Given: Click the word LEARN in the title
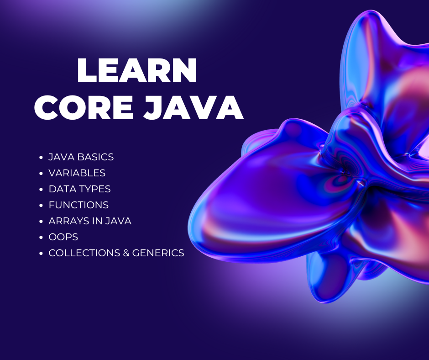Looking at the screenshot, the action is click(x=137, y=70).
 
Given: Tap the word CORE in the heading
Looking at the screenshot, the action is click(x=84, y=107).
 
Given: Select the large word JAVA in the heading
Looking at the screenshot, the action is click(x=194, y=107).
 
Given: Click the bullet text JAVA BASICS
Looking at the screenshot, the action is click(x=81, y=157).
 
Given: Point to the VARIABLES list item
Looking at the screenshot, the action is click(x=77, y=173).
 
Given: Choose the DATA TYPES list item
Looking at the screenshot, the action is click(x=79, y=189).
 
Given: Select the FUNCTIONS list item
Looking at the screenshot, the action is click(x=78, y=205).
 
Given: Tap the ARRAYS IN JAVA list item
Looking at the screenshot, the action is click(x=90, y=221).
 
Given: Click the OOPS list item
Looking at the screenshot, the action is click(x=63, y=237).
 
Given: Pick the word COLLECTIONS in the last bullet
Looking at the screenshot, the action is click(x=84, y=253).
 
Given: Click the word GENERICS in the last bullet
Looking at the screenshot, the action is click(x=158, y=253).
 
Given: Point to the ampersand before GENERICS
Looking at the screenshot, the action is click(x=126, y=253).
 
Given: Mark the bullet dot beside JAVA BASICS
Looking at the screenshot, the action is click(x=42, y=157).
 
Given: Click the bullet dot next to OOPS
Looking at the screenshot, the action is click(x=42, y=237).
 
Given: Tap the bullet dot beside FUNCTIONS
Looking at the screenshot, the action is click(x=42, y=205).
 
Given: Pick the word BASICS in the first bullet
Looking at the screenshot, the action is click(x=95, y=157).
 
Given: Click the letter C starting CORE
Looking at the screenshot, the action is click(x=46, y=107).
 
